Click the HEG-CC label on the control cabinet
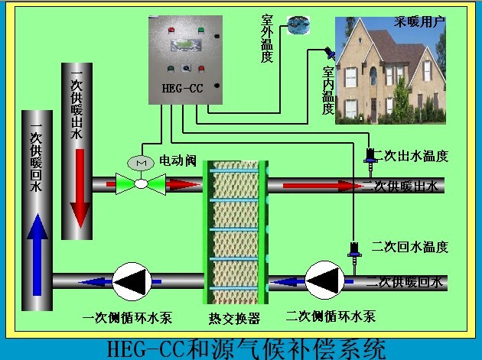[x=181, y=86]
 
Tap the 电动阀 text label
[x=178, y=161]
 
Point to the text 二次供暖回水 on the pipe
[x=405, y=282]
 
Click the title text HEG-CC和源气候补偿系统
[x=244, y=349]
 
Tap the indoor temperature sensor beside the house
[x=329, y=54]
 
